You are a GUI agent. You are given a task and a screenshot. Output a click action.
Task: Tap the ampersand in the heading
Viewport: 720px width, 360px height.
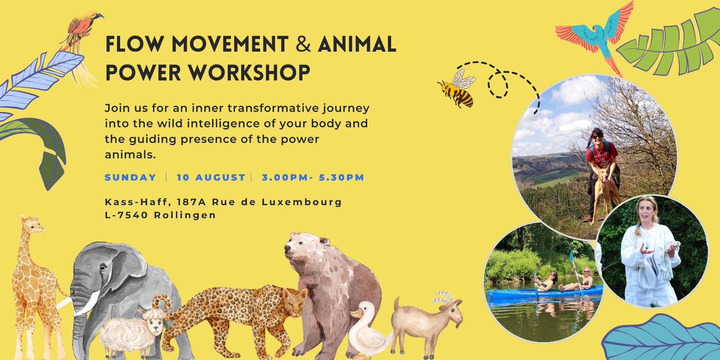point(303,44)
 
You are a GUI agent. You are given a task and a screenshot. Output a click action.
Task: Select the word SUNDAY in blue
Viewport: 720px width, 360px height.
point(130,177)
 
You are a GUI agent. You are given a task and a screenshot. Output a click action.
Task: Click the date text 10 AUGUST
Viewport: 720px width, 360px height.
point(211,177)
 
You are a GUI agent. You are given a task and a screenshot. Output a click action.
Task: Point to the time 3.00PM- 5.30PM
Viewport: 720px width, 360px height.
point(313,177)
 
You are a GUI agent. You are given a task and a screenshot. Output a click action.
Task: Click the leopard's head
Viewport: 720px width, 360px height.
point(294,301)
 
